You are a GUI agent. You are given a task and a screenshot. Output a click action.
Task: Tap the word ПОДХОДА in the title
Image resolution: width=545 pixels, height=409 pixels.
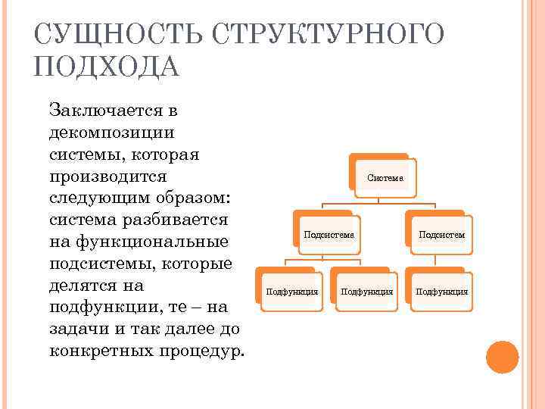[x=107, y=68]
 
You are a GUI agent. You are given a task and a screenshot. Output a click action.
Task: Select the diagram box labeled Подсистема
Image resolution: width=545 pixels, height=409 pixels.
[x=329, y=235]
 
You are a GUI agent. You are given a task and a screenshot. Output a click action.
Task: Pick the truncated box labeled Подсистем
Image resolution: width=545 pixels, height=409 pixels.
[x=441, y=235]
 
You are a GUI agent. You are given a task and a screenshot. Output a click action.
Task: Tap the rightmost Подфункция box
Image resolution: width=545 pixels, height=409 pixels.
[x=441, y=291]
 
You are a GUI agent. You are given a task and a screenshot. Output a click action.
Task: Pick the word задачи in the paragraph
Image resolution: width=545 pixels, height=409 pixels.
[x=76, y=330]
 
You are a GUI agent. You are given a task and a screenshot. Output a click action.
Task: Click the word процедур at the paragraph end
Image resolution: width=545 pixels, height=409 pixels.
[x=202, y=352]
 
